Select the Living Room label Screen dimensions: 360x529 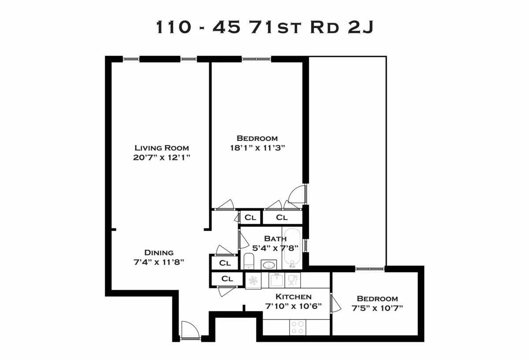[162, 148]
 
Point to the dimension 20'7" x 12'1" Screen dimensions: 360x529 [162, 157]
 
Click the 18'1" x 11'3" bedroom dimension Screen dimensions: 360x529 [257, 148]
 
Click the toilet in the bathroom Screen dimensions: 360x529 [249, 261]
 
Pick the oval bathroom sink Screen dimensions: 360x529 [268, 265]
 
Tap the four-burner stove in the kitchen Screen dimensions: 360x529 [298, 327]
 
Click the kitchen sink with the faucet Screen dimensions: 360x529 [277, 280]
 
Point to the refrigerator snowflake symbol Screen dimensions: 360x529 [253, 281]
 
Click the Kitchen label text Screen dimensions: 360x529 [294, 297]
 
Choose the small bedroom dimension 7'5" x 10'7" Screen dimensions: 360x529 [377, 308]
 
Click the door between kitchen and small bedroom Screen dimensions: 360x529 [334, 304]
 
